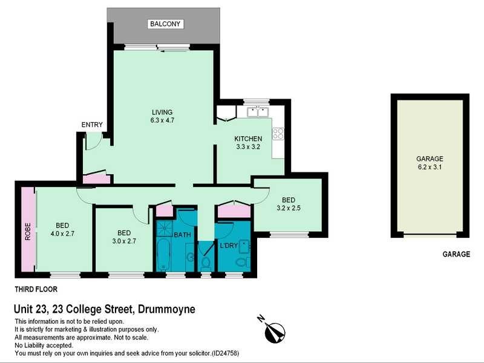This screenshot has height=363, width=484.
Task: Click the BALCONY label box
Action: (165, 24)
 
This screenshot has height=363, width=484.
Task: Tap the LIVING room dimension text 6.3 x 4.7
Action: (162, 120)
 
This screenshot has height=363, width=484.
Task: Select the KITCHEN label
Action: (248, 139)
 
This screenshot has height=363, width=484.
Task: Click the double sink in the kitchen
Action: (258, 112)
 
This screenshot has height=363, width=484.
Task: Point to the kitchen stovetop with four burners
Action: (278, 134)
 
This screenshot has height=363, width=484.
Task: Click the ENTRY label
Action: (92, 125)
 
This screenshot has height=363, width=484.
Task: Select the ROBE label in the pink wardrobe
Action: (28, 232)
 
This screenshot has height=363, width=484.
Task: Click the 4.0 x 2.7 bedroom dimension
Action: (62, 234)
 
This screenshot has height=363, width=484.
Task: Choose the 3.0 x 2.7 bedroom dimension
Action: (124, 241)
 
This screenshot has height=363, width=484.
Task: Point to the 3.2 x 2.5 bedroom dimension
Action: (289, 208)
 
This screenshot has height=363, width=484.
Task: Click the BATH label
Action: (183, 235)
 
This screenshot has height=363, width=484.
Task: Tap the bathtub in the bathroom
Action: (163, 255)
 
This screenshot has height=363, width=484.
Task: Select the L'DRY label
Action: (229, 246)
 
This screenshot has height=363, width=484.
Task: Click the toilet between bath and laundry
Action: (205, 263)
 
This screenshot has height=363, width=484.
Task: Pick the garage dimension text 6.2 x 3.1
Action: (430, 167)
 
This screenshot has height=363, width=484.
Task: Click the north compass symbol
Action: (273, 331)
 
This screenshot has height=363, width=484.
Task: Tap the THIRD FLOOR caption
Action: (36, 289)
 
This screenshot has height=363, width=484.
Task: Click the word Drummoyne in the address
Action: (166, 309)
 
